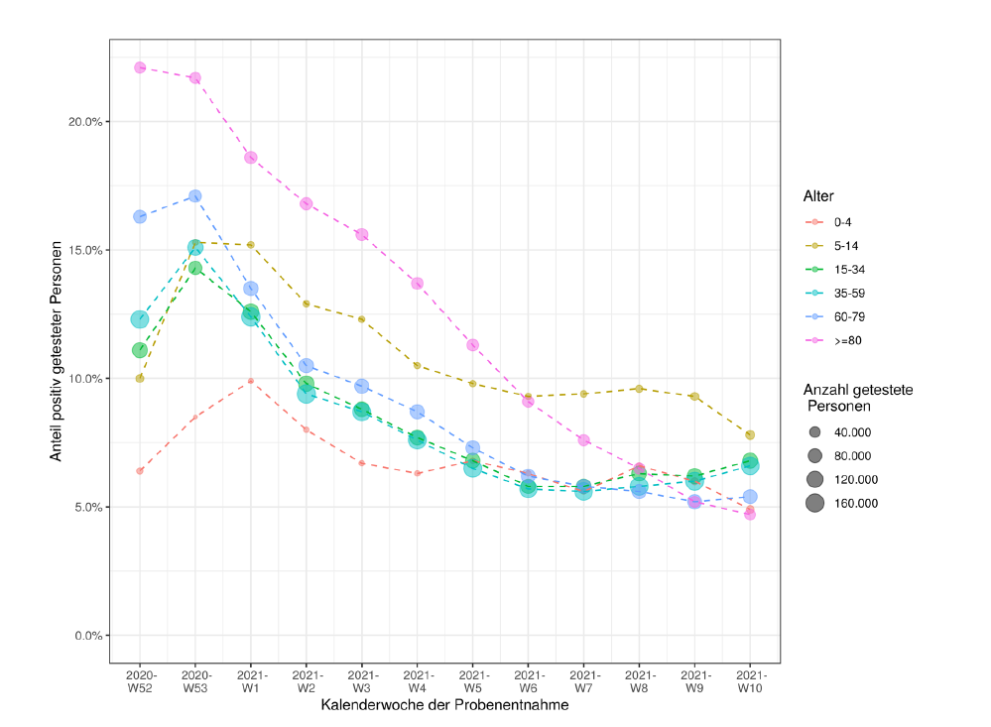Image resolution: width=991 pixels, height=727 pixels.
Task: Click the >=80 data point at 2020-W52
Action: pyautogui.click(x=140, y=67)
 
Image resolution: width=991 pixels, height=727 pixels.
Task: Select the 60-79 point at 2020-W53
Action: pyautogui.click(x=195, y=196)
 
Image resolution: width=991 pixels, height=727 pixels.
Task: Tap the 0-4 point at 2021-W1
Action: pyautogui.click(x=251, y=381)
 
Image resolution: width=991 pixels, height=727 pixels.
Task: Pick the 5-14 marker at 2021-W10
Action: pyautogui.click(x=750, y=435)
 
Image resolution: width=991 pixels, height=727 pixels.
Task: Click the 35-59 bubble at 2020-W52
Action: pyautogui.click(x=140, y=319)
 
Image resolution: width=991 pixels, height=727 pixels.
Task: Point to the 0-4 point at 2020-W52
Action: pyautogui.click(x=140, y=471)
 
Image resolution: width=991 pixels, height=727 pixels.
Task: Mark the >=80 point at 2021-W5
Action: pyautogui.click(x=473, y=345)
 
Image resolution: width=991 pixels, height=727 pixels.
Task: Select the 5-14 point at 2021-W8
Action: pyautogui.click(x=640, y=389)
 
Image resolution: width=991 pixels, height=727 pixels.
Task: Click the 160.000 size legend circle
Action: pyautogui.click(x=815, y=503)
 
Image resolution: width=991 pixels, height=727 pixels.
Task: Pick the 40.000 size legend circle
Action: pyautogui.click(x=815, y=432)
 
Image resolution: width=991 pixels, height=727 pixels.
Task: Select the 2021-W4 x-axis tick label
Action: pyautogui.click(x=418, y=681)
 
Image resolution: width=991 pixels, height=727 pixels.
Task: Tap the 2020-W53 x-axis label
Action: pyautogui.click(x=195, y=681)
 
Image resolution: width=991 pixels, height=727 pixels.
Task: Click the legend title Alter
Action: pyautogui.click(x=819, y=196)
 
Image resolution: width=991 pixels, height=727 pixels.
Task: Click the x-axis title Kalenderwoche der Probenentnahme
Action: pyautogui.click(x=444, y=706)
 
